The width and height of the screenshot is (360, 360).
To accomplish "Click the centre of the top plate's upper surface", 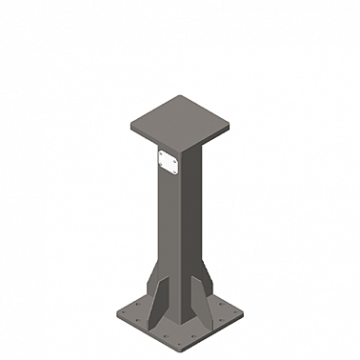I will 181,120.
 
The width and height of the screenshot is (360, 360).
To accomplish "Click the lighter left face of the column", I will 168,229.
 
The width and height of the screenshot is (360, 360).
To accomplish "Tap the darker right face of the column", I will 193,229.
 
